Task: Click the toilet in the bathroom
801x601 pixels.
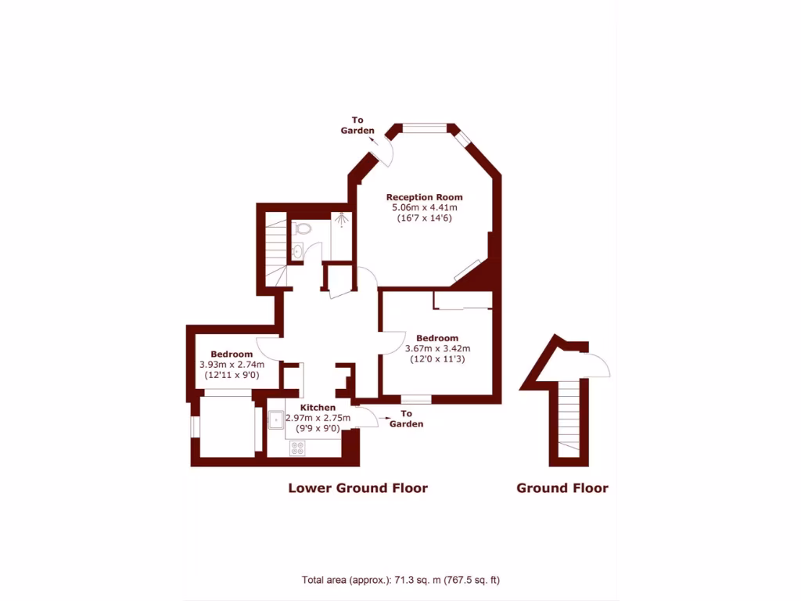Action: [304, 229]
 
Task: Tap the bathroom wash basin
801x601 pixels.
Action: [298, 251]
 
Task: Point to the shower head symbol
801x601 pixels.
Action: [342, 220]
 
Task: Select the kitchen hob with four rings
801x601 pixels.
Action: [298, 448]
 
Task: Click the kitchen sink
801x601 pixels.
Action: [277, 419]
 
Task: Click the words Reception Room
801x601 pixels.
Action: [424, 197]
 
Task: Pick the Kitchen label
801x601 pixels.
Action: [318, 408]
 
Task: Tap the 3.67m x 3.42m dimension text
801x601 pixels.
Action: [436, 349]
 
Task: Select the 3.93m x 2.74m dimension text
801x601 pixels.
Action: [231, 365]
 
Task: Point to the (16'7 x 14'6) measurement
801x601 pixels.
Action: [424, 218]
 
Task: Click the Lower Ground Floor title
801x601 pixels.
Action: [357, 488]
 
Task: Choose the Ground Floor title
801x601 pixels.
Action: [562, 488]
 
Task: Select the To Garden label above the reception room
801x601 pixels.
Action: [357, 125]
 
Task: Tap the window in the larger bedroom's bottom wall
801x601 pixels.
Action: [416, 399]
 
